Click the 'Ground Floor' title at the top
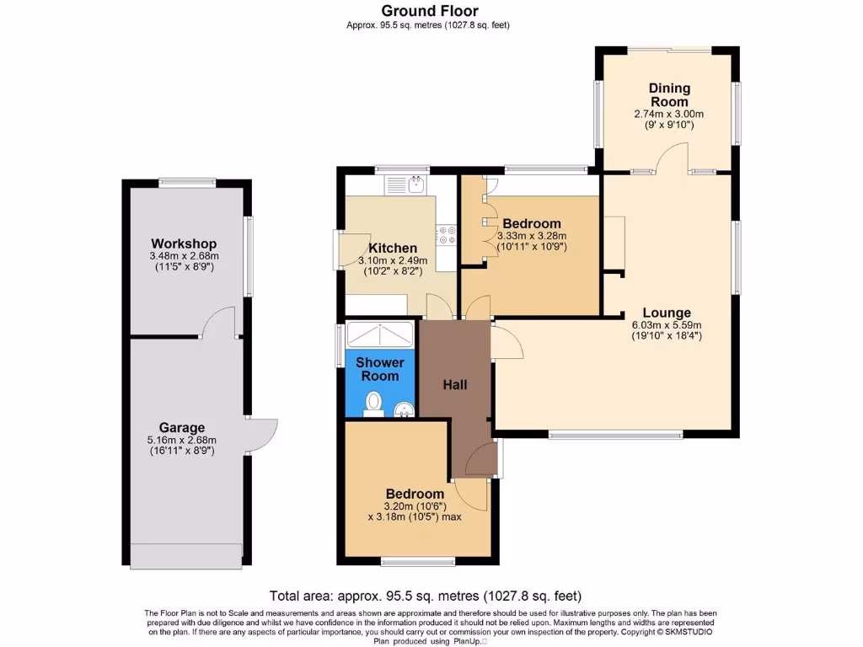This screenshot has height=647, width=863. [x=429, y=11]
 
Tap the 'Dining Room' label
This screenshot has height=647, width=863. [x=669, y=94]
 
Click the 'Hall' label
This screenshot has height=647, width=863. [x=455, y=385]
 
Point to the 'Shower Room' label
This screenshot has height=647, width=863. [x=380, y=369]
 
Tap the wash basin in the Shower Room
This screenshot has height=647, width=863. [x=405, y=410]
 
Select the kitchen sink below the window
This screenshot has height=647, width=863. [x=407, y=184]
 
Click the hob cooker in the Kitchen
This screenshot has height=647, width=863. [x=446, y=235]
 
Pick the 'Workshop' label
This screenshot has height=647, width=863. [x=184, y=244]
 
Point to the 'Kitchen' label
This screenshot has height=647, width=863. [x=393, y=249]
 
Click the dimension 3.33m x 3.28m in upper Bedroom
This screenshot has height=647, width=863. [x=533, y=237]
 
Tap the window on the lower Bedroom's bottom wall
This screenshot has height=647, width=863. [x=413, y=560]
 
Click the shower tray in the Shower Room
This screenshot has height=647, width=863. [x=380, y=334]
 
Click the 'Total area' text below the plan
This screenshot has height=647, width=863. [x=425, y=596]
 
